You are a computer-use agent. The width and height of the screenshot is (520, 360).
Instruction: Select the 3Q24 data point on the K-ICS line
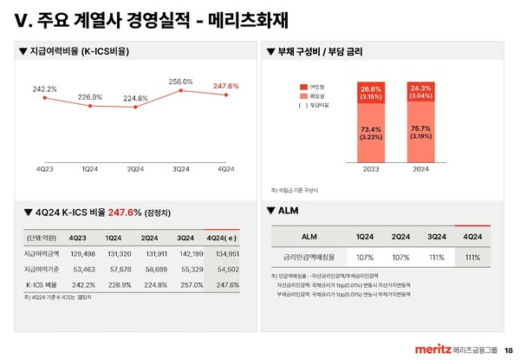pos(181,91)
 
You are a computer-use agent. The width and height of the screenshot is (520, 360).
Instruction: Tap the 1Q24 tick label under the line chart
pos(89,167)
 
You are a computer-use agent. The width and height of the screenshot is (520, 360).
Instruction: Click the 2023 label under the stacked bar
pos(371,169)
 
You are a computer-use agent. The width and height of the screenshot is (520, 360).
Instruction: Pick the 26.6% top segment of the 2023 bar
pos(371,92)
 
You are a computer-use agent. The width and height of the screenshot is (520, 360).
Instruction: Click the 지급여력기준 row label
pos(42,269)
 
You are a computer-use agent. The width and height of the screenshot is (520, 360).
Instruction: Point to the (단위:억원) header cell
pos(40,237)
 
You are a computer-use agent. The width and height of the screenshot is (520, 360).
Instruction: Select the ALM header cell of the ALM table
pos(309,236)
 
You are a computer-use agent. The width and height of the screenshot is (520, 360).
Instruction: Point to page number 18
pos(508,349)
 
